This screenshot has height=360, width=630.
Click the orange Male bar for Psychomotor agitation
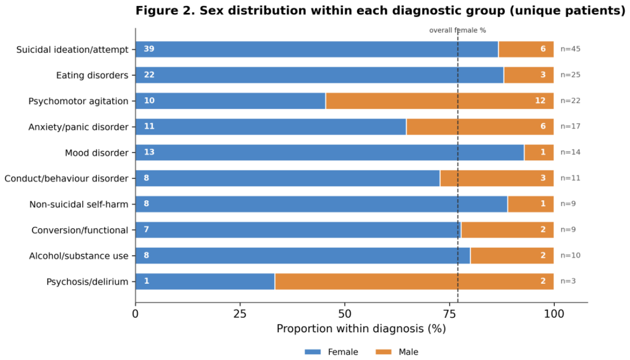[440, 101]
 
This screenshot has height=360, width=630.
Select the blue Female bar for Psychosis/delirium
[205, 281]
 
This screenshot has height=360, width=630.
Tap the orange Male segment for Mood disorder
[539, 152]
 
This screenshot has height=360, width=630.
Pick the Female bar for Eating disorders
[320, 75]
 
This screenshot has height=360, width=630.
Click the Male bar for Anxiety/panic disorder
[480, 127]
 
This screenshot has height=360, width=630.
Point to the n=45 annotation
[570, 49]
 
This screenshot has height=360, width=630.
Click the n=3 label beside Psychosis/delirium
[567, 281]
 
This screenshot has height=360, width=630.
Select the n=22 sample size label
[570, 101]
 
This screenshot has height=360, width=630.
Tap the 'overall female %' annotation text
[457, 30]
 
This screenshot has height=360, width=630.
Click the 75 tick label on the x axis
[449, 314]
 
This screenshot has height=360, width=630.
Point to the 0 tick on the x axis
[135, 314]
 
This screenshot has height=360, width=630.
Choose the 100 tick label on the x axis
[554, 314]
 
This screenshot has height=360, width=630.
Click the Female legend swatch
[313, 352]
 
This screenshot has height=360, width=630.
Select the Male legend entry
[396, 352]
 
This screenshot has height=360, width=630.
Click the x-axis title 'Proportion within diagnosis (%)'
[361, 328]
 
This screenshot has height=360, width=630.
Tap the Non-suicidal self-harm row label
[79, 204]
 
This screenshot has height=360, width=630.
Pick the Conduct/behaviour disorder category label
[66, 178]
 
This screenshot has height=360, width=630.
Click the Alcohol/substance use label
[79, 255]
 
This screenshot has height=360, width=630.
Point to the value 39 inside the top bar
[149, 49]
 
